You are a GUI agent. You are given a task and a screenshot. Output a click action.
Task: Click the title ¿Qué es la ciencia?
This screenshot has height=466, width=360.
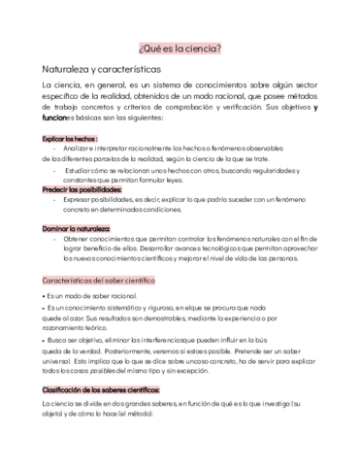180,47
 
